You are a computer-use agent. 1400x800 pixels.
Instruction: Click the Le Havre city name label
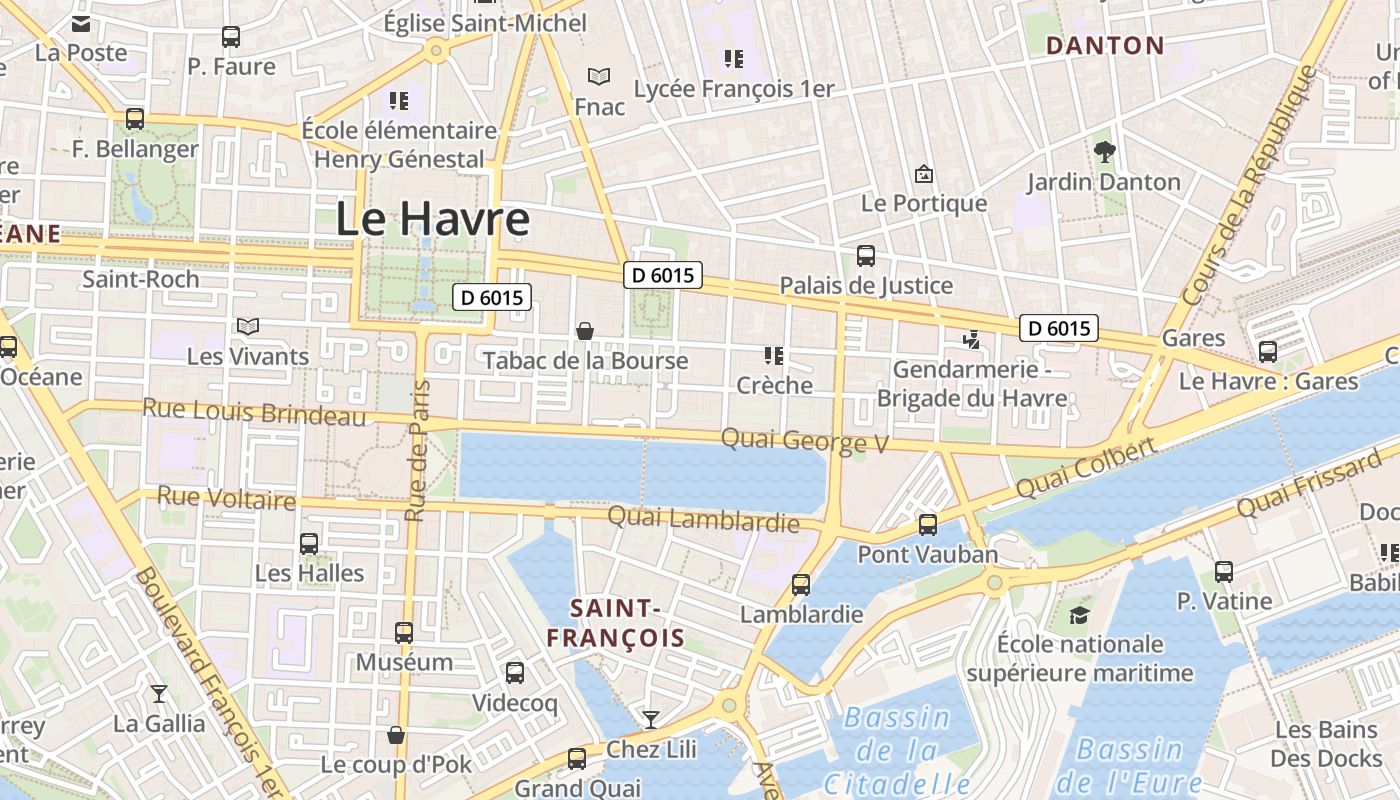pos(432,219)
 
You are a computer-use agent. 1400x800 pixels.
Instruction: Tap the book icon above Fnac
pos(599,76)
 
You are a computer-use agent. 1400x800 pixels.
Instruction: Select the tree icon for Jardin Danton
pos(1104,152)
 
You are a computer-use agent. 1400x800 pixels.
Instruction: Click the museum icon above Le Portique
pos(924,174)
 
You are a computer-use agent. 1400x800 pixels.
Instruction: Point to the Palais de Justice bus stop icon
pos(866,256)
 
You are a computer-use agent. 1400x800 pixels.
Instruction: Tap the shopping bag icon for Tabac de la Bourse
pos(585,330)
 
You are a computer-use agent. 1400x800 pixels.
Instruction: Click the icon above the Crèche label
pos(773,355)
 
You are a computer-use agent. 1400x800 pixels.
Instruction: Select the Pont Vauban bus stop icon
pos(928,524)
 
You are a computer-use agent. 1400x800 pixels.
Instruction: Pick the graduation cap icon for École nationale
pos(1079,614)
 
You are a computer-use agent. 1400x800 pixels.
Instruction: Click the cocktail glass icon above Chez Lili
pos(651,719)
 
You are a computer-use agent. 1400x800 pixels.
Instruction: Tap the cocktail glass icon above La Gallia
pos(159,693)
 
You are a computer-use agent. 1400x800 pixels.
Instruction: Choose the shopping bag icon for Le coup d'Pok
pos(396,735)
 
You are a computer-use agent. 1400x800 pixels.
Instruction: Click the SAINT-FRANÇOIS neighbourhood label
pos(615,623)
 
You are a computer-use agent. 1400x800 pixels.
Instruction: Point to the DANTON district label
pos(1105,45)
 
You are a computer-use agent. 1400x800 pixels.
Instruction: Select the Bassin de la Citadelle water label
pos(897,750)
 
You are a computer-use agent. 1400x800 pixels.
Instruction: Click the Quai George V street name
pos(804,440)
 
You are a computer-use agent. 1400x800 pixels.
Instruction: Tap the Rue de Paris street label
pos(417,450)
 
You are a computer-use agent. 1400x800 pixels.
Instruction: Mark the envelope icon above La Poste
pos(81,23)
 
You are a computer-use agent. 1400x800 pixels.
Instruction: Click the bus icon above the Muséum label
pos(404,632)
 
